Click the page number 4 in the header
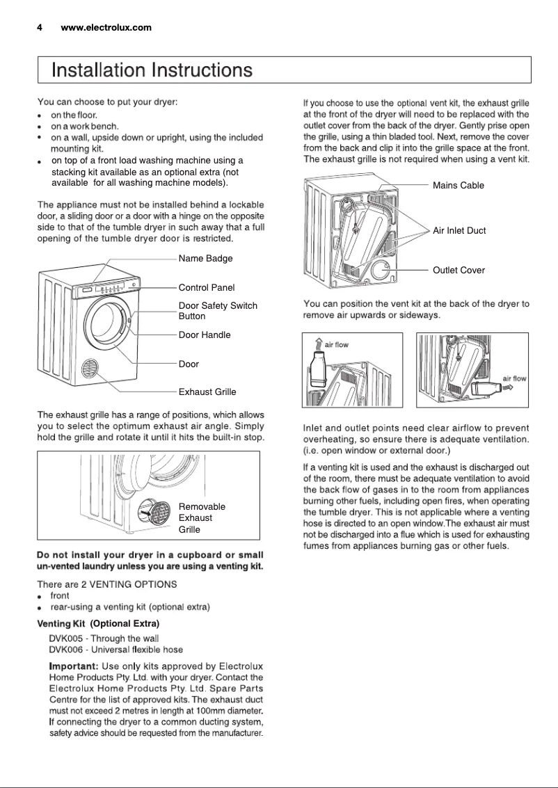point(40,28)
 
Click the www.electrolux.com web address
point(106,28)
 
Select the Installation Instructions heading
point(152,70)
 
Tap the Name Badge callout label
point(205,259)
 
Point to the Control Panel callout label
point(207,287)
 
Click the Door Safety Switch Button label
point(218,311)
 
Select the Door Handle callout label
point(205,335)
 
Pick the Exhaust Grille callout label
point(207,393)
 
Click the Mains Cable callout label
point(458,185)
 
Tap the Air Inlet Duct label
point(459,230)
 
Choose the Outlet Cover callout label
point(459,270)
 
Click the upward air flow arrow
point(317,344)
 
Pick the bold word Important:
point(73,667)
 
